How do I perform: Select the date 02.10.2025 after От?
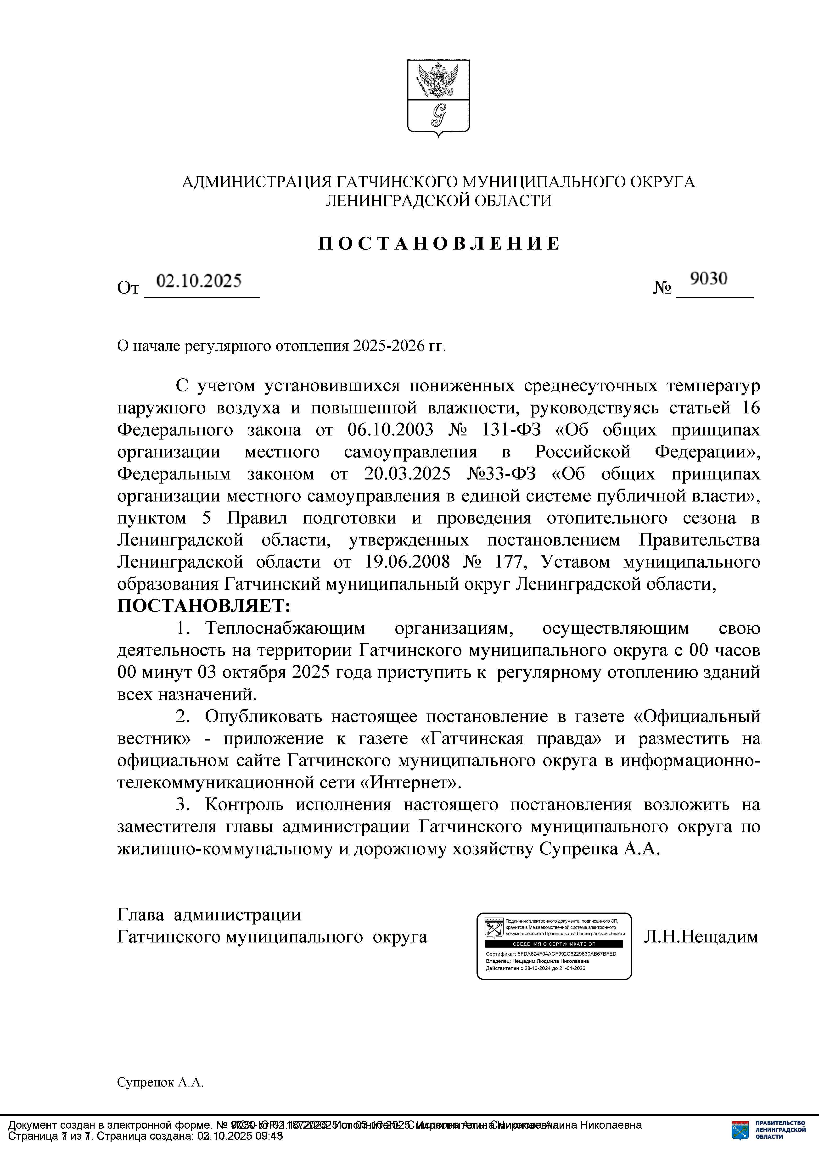pyautogui.click(x=199, y=281)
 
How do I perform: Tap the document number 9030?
pyautogui.click(x=709, y=278)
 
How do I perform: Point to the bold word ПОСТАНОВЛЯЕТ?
pyautogui.click(x=204, y=606)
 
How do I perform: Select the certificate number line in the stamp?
pyautogui.click(x=551, y=954)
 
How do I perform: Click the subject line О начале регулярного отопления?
pyautogui.click(x=281, y=346)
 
